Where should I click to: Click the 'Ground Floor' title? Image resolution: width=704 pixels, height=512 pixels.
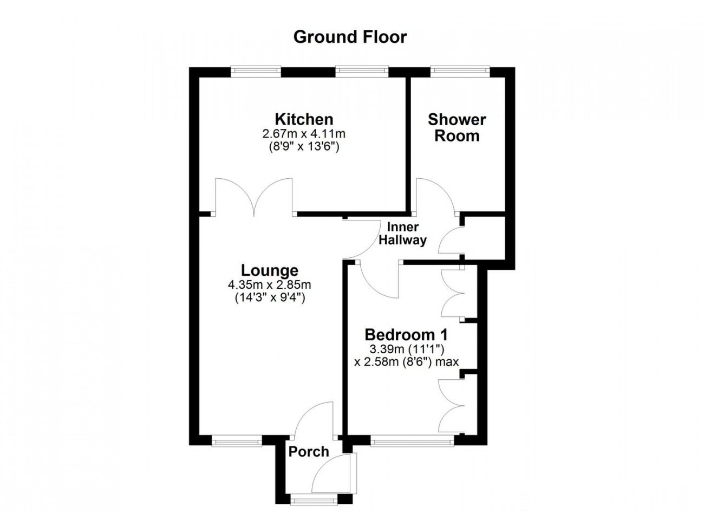pyautogui.click(x=350, y=37)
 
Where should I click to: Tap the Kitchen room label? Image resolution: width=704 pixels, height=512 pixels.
pyautogui.click(x=304, y=120)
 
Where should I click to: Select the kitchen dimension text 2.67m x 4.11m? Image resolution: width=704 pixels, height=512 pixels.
pyautogui.click(x=304, y=134)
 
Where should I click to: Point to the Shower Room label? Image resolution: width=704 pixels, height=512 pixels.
pyautogui.click(x=457, y=128)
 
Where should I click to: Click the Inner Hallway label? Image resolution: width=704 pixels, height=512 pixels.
pyautogui.click(x=403, y=234)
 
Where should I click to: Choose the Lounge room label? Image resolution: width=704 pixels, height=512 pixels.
pyautogui.click(x=270, y=270)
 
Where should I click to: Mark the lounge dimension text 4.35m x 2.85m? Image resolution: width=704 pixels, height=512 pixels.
pyautogui.click(x=270, y=284)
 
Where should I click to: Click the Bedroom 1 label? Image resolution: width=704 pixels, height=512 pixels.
pyautogui.click(x=406, y=335)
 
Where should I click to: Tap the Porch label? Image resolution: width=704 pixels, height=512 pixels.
pyautogui.click(x=309, y=452)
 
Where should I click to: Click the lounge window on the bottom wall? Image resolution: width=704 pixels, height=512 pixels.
pyautogui.click(x=237, y=440)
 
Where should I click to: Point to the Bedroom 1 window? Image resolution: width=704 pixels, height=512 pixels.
pyautogui.click(x=412, y=440)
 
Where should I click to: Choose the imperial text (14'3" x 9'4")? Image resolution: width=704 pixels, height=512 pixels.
pyautogui.click(x=270, y=297)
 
